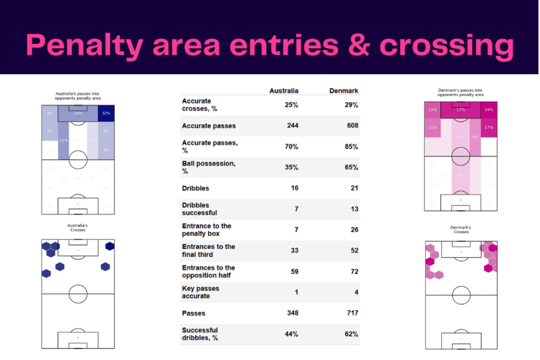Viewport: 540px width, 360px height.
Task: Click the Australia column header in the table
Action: point(284,91)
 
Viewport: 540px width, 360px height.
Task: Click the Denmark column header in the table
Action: point(344,91)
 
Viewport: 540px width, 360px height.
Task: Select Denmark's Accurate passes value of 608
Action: point(352,126)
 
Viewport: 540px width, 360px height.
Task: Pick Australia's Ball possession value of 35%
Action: point(292,168)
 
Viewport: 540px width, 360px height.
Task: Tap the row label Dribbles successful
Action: point(199,209)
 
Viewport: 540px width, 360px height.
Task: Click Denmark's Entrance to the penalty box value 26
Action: point(354,230)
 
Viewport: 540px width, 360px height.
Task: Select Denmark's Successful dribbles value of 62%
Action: point(351,334)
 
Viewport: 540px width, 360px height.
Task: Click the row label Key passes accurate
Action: point(200,292)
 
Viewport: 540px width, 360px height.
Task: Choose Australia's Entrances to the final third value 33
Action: point(294,251)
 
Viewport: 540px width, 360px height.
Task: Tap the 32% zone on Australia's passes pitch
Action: point(106,113)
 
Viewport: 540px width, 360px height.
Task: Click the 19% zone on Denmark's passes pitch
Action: point(488,110)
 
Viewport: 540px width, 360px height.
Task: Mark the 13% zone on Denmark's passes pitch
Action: point(433,110)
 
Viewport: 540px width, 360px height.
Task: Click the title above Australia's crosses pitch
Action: point(78,228)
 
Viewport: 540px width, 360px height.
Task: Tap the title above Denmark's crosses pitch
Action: point(461,230)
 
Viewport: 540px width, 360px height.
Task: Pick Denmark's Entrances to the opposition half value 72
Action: point(354,271)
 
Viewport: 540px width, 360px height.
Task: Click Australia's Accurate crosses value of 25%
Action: point(292,105)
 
